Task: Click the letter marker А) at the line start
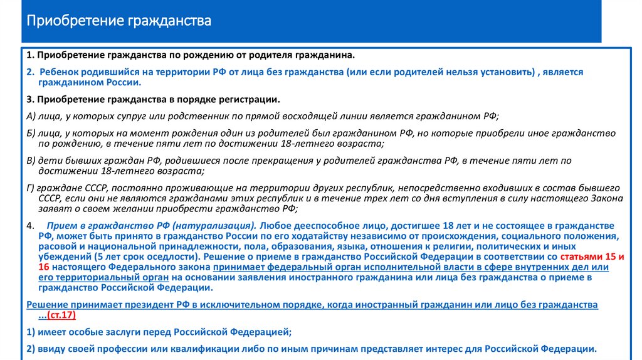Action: point(32,116)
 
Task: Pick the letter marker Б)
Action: point(31,134)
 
